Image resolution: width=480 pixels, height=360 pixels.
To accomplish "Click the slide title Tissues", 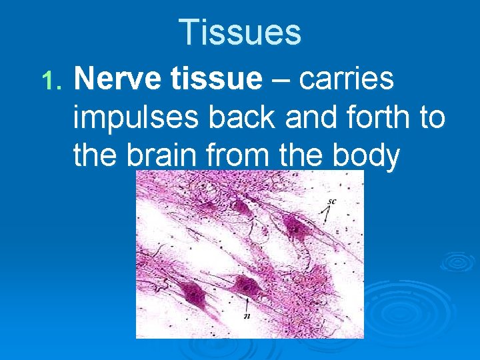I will pyautogui.click(x=240, y=32).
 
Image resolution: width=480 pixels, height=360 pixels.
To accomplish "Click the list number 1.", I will pyautogui.click(x=50, y=81).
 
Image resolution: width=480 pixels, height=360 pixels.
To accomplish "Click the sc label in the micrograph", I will pyautogui.click(x=331, y=201).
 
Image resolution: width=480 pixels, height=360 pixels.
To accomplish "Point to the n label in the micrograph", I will pyautogui.click(x=247, y=316).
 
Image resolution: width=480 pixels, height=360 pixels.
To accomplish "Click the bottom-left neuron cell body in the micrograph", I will pyautogui.click(x=193, y=293).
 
